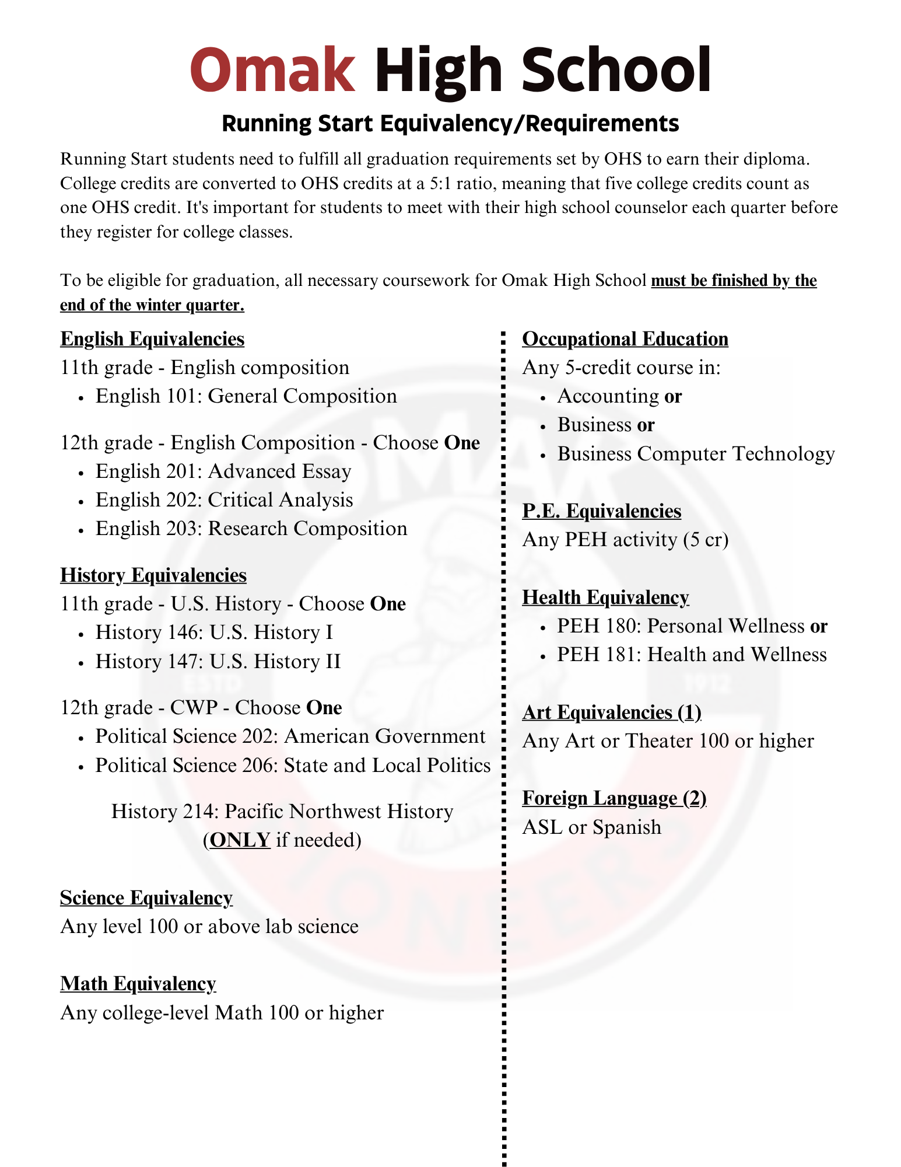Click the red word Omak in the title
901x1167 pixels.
click(x=272, y=70)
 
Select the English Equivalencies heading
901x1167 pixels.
click(x=152, y=339)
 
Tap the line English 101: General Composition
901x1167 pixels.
click(x=246, y=396)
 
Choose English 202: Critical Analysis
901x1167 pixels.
click(x=225, y=500)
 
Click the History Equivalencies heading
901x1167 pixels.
click(x=153, y=575)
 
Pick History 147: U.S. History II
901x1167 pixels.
click(x=218, y=662)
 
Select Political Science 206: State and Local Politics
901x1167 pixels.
click(x=293, y=765)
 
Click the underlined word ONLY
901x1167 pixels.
click(x=240, y=840)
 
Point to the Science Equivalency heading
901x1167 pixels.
click(x=146, y=898)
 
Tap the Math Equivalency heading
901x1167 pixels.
click(x=138, y=984)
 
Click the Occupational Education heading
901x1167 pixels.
click(x=625, y=339)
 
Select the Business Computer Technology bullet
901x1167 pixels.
click(x=696, y=454)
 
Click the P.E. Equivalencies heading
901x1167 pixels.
click(x=602, y=511)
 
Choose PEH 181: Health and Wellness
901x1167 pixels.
click(x=692, y=655)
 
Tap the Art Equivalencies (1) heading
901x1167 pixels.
click(x=612, y=712)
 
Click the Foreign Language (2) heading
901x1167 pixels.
click(x=614, y=798)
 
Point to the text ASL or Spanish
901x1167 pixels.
click(x=592, y=827)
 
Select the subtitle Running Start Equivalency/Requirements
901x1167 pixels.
click(x=450, y=124)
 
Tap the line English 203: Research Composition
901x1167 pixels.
click(x=251, y=529)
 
